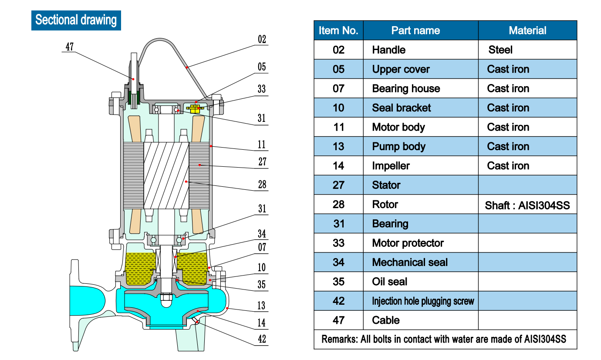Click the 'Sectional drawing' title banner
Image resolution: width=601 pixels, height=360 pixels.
(x=76, y=20)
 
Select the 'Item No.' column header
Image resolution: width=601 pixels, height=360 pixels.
(x=338, y=30)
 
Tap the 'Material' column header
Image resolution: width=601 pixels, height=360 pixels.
(x=527, y=30)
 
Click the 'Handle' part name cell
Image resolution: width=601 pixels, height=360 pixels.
(x=388, y=50)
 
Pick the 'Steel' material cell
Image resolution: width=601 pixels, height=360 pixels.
(x=500, y=50)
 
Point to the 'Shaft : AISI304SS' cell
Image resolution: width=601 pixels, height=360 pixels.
(x=527, y=205)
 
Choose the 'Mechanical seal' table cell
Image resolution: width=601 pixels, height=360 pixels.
(x=410, y=262)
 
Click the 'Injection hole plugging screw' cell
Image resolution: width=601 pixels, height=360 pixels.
(x=422, y=301)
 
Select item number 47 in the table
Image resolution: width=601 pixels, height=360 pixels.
(x=338, y=320)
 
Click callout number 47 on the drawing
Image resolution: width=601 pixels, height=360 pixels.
(x=70, y=47)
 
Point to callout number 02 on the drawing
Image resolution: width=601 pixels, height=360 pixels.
(x=262, y=40)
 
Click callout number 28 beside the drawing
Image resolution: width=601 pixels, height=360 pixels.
(x=262, y=184)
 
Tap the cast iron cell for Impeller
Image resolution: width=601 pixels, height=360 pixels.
(x=508, y=166)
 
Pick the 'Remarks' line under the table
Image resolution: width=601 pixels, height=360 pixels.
(x=444, y=339)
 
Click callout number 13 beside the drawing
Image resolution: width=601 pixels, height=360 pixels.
(x=261, y=306)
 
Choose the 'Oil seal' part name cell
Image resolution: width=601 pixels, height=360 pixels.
(x=389, y=282)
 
